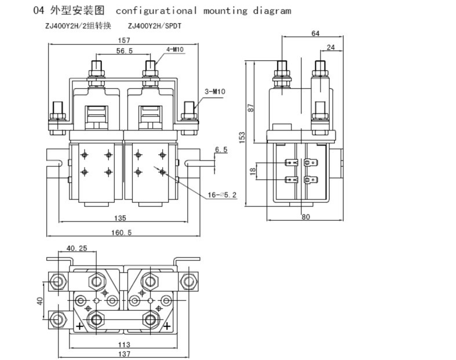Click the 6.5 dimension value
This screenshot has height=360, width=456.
click(x=221, y=150)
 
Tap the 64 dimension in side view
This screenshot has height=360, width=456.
click(x=315, y=34)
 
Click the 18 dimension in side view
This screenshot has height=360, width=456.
click(x=251, y=172)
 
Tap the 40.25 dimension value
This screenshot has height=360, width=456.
click(x=76, y=248)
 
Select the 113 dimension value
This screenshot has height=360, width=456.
click(x=123, y=344)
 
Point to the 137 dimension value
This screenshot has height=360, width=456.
click(x=123, y=354)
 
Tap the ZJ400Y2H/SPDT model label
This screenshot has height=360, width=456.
click(x=154, y=26)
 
